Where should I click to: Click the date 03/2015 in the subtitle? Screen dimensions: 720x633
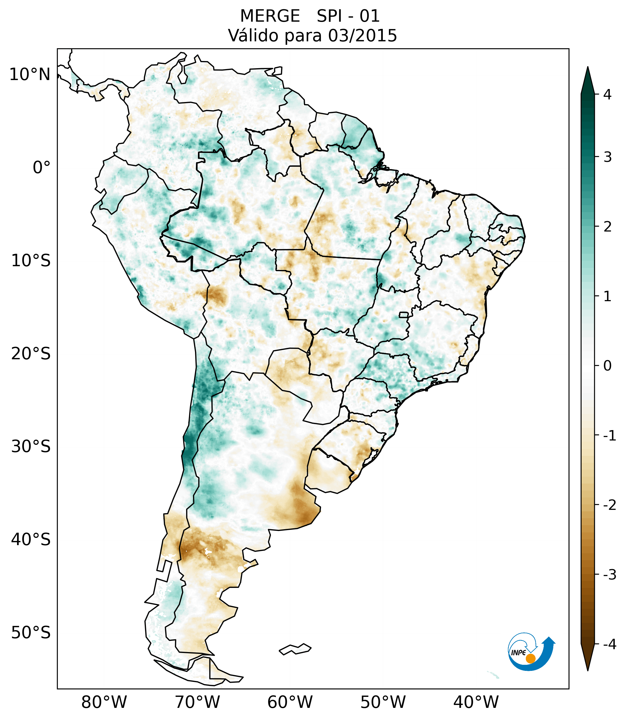tap(362, 36)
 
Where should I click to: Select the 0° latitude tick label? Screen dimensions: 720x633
tap(42, 168)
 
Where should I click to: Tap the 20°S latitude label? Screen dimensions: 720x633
tap(31, 354)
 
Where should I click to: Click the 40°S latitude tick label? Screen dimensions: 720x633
tap(31, 540)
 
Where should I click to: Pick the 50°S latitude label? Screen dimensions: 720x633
tap(31, 633)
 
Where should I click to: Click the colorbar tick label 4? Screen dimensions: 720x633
tap(607, 95)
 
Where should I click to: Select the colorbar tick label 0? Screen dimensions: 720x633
tap(607, 366)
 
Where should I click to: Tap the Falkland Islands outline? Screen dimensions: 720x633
tap(295, 649)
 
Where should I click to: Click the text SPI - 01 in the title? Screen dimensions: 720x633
tap(348, 16)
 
